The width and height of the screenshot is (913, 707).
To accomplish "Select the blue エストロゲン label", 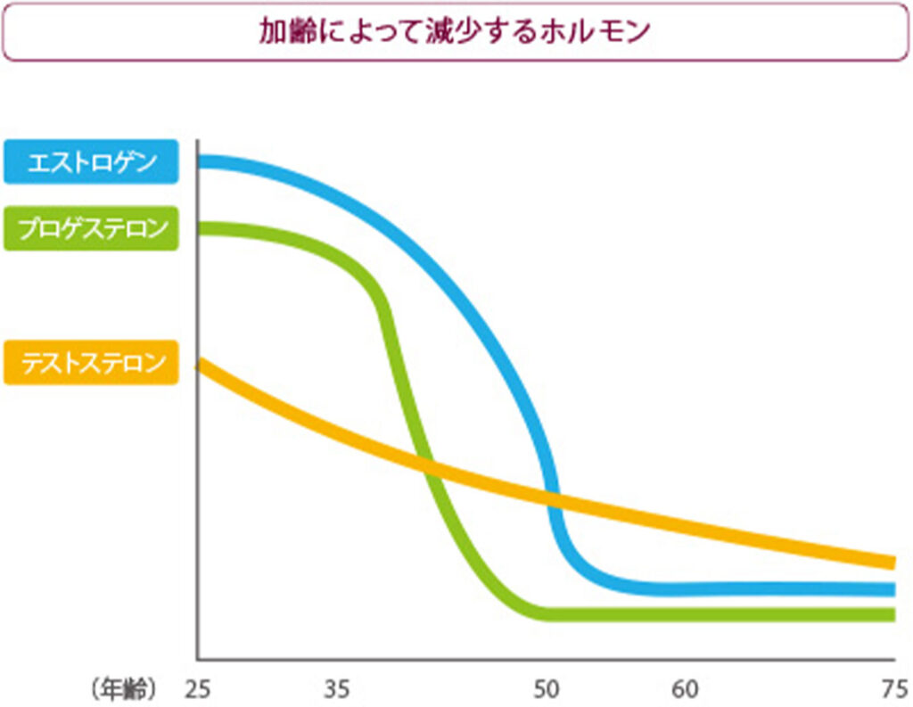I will [x=91, y=163].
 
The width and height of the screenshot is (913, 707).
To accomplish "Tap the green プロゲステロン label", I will [x=91, y=228].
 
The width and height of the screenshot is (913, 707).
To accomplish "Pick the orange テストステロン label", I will [x=91, y=363].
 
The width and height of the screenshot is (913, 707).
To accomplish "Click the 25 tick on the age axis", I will [x=197, y=689].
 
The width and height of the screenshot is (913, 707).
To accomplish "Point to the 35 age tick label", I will [x=336, y=689].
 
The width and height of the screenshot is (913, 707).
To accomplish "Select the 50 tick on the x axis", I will [x=546, y=689].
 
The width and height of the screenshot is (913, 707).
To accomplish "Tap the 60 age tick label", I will [x=685, y=689].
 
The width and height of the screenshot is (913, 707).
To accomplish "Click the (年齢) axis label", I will [x=124, y=689].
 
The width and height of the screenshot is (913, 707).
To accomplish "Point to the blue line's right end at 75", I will [x=892, y=589].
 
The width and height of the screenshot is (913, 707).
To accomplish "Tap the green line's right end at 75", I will [x=892, y=614].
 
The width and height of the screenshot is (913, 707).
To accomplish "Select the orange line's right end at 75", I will [x=892, y=562].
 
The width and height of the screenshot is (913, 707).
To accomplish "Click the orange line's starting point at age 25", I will [x=200, y=363].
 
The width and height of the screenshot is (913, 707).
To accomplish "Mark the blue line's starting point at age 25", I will [x=200, y=161].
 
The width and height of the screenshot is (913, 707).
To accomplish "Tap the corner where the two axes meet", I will [x=197, y=659].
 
